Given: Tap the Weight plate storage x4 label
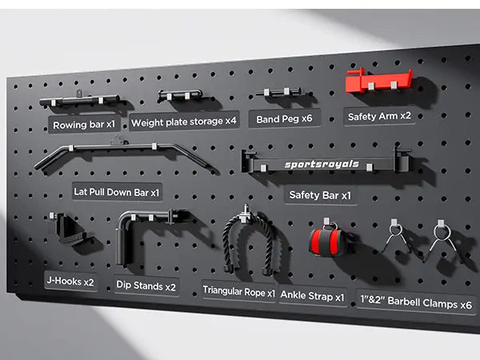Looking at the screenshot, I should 183,122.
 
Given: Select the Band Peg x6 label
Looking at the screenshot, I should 285,119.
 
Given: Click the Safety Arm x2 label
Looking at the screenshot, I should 379,116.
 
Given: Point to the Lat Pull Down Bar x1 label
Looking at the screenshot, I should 118,192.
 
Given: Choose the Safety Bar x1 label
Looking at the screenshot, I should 320,194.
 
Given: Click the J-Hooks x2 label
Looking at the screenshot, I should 70,282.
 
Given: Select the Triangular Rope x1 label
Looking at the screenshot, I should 238,291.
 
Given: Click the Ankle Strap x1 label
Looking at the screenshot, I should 313,296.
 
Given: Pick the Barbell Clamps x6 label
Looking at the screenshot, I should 416,303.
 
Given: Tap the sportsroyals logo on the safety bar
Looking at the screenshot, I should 322,166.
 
